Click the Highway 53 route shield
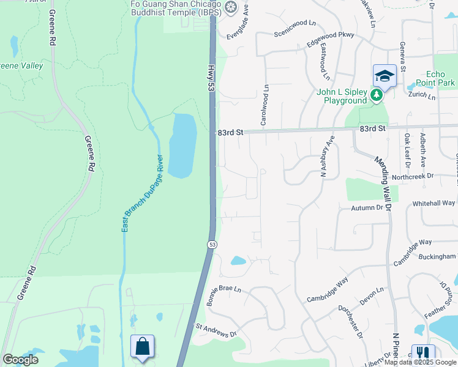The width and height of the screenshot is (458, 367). click(x=212, y=245)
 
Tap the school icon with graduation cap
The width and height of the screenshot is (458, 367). click(x=385, y=75)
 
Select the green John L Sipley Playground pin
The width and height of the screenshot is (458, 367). click(x=376, y=95)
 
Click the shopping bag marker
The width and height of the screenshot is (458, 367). click(x=142, y=347)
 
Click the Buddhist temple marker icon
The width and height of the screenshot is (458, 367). click(x=230, y=7)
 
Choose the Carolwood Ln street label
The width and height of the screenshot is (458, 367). click(x=265, y=105)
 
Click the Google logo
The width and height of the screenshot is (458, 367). click(x=20, y=360)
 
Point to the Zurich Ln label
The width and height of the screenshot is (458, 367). click(x=423, y=97)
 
